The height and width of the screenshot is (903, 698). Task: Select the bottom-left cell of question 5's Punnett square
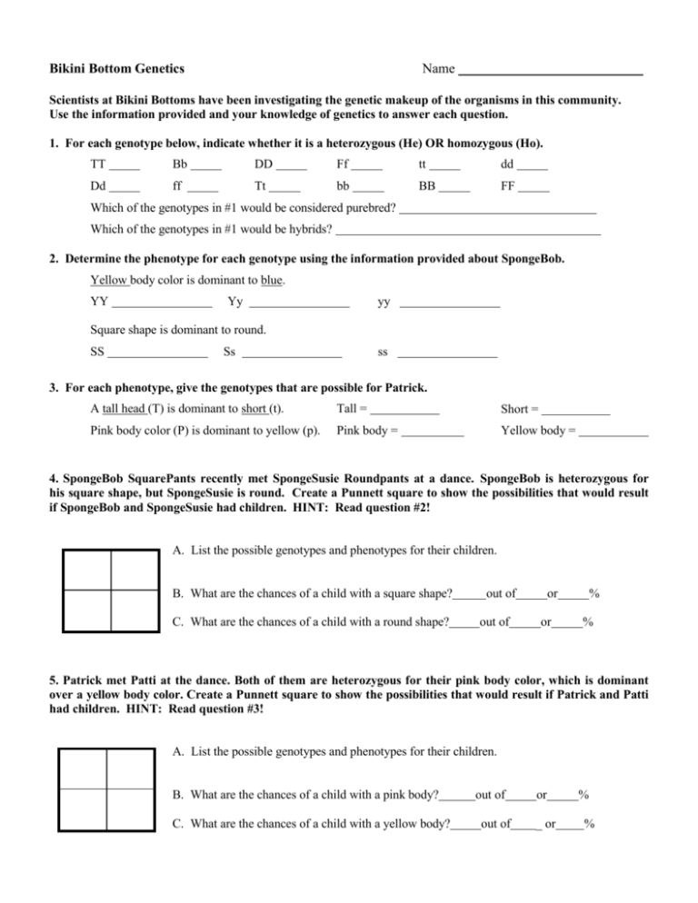(81, 819)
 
